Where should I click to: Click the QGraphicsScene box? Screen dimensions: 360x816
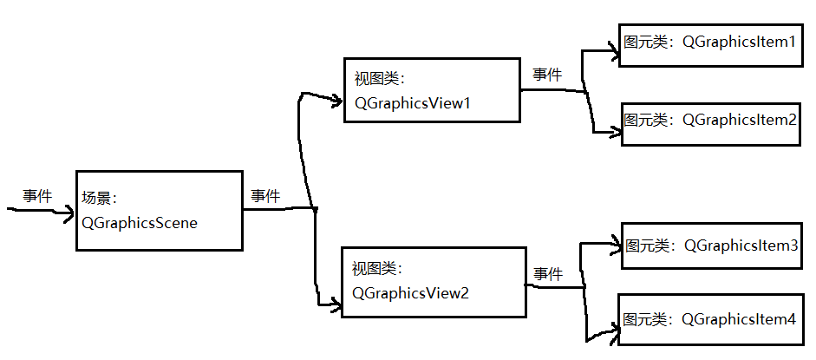click(x=159, y=210)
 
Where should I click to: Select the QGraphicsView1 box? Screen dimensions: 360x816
click(x=432, y=90)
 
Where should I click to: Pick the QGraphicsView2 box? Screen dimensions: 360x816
click(x=434, y=282)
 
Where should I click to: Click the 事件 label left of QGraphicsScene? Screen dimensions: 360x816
click(x=37, y=197)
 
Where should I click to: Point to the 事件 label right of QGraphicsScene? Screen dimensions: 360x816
click(x=265, y=197)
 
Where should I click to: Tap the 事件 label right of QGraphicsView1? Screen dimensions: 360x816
click(x=547, y=75)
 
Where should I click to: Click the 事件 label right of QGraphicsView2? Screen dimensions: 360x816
click(x=548, y=274)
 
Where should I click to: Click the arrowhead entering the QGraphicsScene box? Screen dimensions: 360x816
click(x=69, y=211)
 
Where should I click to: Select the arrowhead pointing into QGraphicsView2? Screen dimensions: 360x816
click(x=335, y=304)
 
